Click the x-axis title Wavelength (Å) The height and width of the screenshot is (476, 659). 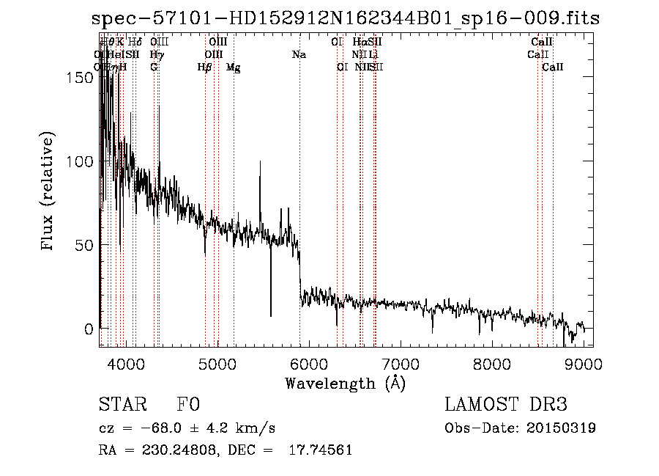click(x=345, y=383)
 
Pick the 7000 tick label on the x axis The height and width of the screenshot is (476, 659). click(x=400, y=363)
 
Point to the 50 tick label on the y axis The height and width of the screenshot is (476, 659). click(x=88, y=244)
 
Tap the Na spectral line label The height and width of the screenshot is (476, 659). click(x=299, y=54)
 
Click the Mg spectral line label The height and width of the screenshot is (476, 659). click(x=234, y=67)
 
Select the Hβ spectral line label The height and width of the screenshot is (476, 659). click(x=205, y=67)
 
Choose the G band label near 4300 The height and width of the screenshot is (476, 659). click(x=154, y=67)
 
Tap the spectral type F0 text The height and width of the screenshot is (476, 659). click(x=188, y=405)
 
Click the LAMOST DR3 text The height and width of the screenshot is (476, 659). click(x=506, y=405)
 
